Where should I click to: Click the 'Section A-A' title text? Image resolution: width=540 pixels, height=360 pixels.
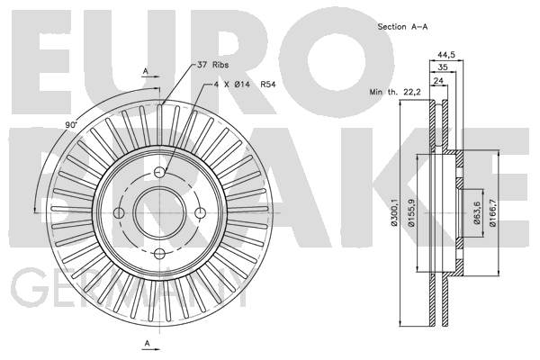pos(402,26)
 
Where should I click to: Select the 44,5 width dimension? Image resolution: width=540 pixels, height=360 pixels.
pos(446,54)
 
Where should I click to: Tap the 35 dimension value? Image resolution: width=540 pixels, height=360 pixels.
pos(442,67)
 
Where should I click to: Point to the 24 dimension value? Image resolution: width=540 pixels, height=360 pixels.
pos(438,81)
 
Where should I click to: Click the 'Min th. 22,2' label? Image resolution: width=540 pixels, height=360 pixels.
pos(395,92)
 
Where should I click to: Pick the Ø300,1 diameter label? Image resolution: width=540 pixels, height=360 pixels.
pos(394,212)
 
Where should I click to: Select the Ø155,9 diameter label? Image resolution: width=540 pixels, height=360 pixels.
pos(411,212)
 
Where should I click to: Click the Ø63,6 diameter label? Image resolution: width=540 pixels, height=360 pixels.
pos(477,213)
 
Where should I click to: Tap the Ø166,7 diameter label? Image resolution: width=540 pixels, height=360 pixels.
pos(493,213)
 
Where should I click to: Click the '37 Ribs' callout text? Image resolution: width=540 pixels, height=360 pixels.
pos(212,65)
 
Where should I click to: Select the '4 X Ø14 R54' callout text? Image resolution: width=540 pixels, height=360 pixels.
pos(245,85)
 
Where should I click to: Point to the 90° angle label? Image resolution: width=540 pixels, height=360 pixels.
pos(71,125)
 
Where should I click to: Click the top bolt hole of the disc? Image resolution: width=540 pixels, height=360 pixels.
pos(159,172)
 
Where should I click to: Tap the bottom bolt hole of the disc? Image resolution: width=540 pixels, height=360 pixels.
pos(159,254)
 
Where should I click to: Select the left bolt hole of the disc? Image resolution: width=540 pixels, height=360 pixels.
pos(119,213)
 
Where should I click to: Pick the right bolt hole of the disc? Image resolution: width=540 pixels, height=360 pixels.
pos(201,213)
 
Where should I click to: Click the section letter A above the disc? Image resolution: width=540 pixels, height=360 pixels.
pos(146,71)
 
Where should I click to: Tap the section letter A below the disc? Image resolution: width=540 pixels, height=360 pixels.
pos(147,343)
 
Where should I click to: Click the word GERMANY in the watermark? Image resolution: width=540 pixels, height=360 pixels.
pos(129,288)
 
